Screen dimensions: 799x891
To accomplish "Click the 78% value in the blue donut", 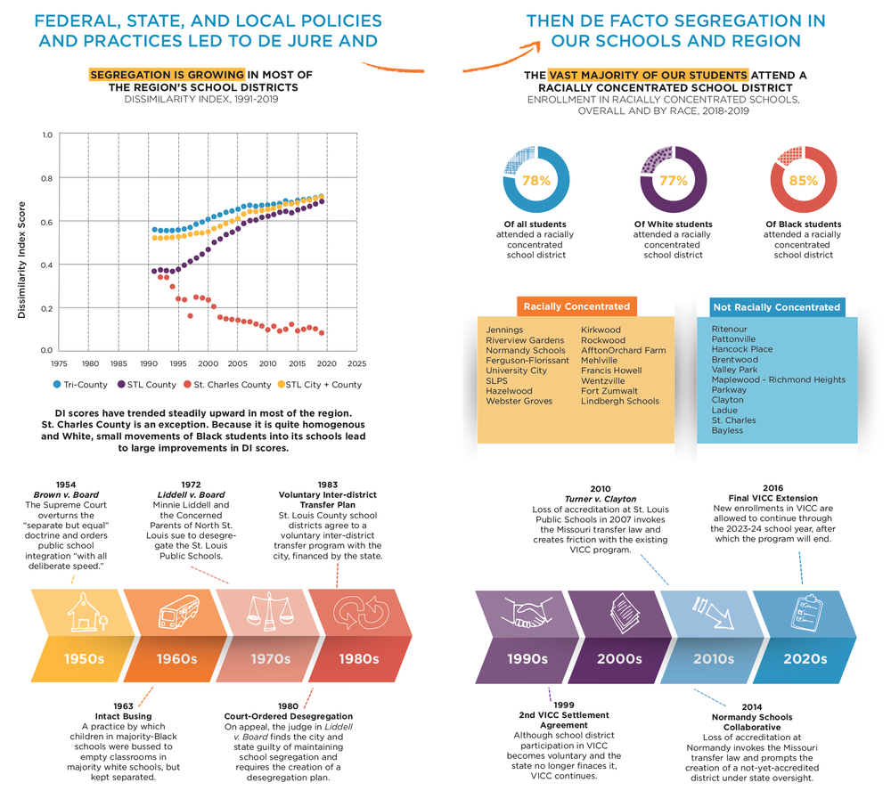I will [535, 181].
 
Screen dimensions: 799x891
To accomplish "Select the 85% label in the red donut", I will [804, 181].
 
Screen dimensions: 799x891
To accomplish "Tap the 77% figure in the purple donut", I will [673, 181].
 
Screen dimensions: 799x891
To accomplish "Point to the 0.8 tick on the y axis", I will [46, 178].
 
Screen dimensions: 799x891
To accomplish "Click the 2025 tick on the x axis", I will [356, 363].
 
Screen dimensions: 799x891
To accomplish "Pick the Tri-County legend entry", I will [86, 385].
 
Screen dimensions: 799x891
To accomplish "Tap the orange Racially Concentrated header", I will [576, 306].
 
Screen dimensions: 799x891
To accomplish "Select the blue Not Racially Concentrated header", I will [776, 307].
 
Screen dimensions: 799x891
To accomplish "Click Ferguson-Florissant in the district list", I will [527, 361].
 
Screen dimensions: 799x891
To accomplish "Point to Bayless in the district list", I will [727, 431].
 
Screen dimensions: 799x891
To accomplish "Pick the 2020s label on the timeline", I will [805, 659].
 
